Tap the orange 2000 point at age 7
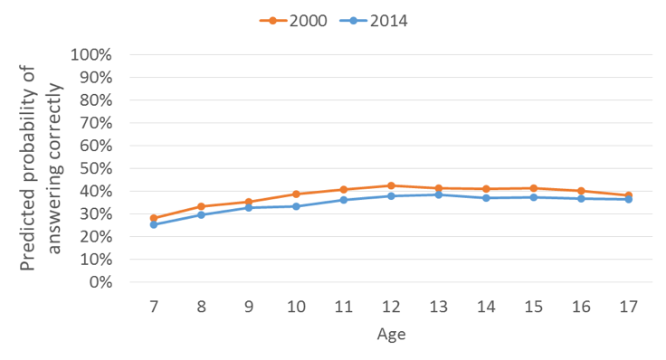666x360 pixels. [x=154, y=218]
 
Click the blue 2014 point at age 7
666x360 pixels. [x=154, y=224]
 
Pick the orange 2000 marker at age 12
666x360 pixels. [x=391, y=185]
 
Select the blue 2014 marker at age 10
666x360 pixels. [x=296, y=206]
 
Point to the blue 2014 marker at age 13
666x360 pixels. [x=439, y=194]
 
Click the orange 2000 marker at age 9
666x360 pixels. [x=249, y=202]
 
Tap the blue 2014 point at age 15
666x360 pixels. [x=534, y=197]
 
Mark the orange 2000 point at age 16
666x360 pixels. [x=581, y=191]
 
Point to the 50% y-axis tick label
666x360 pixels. [x=93, y=168]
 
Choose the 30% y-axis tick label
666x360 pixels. [x=93, y=213]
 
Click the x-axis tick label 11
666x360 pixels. [x=344, y=307]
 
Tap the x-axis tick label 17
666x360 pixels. [x=628, y=307]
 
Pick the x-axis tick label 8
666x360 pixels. [x=201, y=307]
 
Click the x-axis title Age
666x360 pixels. [x=391, y=335]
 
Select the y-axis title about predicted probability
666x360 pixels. [x=42, y=167]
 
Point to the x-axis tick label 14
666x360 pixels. [x=486, y=307]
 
